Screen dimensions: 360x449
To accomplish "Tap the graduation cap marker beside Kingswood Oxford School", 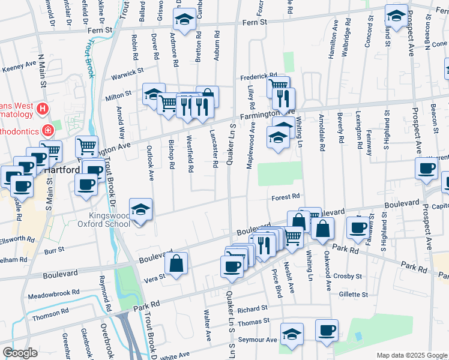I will (140, 210).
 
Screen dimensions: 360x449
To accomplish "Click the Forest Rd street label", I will (285, 196).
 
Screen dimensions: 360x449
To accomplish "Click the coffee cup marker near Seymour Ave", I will (327, 331).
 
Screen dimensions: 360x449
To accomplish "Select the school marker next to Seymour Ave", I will (292, 335).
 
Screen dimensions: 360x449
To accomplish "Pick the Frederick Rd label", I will (258, 77).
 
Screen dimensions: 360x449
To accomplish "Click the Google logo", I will (20, 353).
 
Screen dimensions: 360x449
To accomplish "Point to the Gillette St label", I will (352, 295).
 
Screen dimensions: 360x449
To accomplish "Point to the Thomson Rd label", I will (46, 314).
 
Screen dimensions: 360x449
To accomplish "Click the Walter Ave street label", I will (207, 323).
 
